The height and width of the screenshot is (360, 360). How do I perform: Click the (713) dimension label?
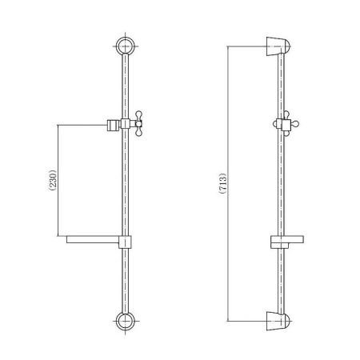click(223, 183)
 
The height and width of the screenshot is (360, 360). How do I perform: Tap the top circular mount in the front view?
click(126, 46)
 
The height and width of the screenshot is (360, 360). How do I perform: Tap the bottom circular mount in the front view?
click(126, 321)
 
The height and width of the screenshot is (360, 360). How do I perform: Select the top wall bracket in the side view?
click(278, 46)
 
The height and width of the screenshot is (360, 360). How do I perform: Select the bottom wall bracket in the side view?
click(278, 321)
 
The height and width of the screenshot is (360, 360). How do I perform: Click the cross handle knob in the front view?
click(139, 123)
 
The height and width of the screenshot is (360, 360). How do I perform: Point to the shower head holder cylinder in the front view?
click(112, 125)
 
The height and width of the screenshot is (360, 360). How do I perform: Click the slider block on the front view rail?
click(126, 123)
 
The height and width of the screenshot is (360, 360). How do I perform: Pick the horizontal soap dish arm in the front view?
click(93, 239)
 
